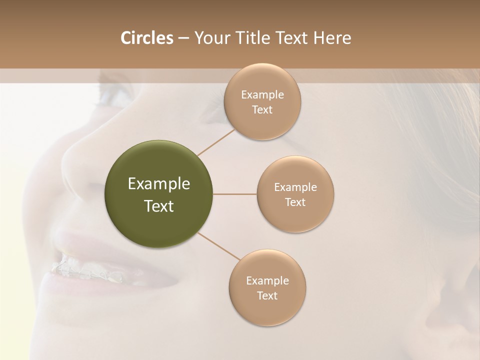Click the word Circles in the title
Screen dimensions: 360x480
147,38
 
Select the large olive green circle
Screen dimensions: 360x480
159,194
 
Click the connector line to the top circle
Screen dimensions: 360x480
216,141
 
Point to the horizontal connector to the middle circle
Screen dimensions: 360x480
235,194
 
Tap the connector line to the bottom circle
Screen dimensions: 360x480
217,246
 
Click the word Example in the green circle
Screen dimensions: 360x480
159,184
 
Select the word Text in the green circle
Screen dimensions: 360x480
159,206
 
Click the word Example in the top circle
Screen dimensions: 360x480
262,95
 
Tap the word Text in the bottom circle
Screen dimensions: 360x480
267,295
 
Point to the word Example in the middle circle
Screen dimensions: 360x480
295,187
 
